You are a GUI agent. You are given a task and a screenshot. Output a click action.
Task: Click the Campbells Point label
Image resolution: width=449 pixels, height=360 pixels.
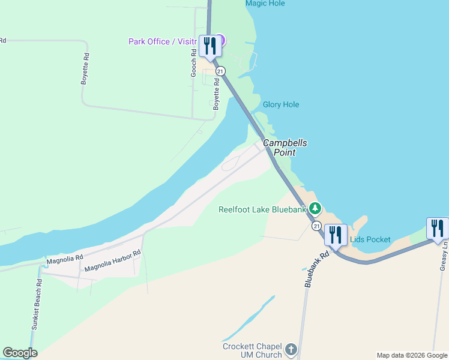[285, 148]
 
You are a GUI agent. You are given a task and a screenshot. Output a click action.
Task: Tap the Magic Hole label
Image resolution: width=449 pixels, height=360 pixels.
[265, 4]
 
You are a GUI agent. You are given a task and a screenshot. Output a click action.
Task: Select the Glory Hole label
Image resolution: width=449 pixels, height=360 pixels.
[280, 104]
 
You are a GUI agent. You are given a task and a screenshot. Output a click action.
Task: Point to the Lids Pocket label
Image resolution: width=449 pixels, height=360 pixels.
[370, 240]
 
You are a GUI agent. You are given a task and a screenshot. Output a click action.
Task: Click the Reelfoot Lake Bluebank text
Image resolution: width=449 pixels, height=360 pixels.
[262, 209]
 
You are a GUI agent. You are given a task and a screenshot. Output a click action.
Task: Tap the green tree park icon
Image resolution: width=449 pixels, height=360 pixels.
[316, 209]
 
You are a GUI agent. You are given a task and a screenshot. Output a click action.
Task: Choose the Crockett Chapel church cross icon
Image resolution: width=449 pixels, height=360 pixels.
[291, 349]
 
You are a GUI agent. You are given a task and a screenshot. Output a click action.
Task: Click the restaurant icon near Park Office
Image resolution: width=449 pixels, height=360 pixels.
[209, 46]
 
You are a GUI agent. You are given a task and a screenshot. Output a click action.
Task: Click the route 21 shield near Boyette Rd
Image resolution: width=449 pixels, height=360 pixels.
[221, 71]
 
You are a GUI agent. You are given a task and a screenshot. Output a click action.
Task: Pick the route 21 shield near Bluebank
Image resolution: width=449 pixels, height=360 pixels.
[316, 226]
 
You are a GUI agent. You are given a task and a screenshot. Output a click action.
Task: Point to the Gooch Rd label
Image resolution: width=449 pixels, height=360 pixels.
[194, 61]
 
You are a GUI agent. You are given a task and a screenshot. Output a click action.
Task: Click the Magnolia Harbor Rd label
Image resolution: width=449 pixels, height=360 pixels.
[112, 261]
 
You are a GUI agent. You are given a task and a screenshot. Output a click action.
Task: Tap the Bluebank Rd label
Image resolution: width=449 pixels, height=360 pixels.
[317, 268]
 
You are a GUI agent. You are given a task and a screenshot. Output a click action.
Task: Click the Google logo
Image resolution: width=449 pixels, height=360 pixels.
[20, 353]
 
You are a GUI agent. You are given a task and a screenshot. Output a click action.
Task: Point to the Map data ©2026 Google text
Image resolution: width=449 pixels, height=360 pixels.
[412, 355]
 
